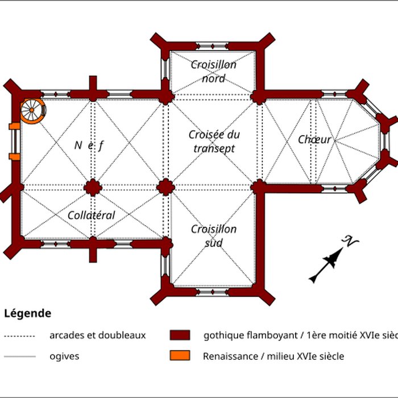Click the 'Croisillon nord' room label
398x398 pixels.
pyautogui.click(x=213, y=71)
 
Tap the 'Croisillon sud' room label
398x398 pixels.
pyautogui.click(x=213, y=236)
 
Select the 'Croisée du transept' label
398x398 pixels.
pyautogui.click(x=214, y=142)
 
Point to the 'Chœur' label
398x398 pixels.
pyautogui.click(x=314, y=139)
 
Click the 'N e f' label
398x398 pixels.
pyautogui.click(x=89, y=145)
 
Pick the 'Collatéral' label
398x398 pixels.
pyautogui.click(x=91, y=215)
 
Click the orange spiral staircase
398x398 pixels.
pyautogui.click(x=32, y=110)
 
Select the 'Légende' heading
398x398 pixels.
pyautogui.click(x=27, y=313)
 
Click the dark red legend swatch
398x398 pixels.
pyautogui.click(x=180, y=335)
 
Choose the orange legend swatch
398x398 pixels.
pyautogui.click(x=180, y=356)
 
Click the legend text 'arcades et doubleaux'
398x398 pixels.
pyautogui.click(x=98, y=335)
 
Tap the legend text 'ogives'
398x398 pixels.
pyautogui.click(x=64, y=357)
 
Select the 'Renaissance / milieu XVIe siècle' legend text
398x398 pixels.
pyautogui.click(x=273, y=357)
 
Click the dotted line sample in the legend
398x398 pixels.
pyautogui.click(x=20, y=336)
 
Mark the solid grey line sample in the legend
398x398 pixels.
pyautogui.click(x=20, y=357)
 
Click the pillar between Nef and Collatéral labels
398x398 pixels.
pyautogui.click(x=93, y=187)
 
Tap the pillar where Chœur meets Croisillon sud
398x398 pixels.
pyautogui.click(x=259, y=187)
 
